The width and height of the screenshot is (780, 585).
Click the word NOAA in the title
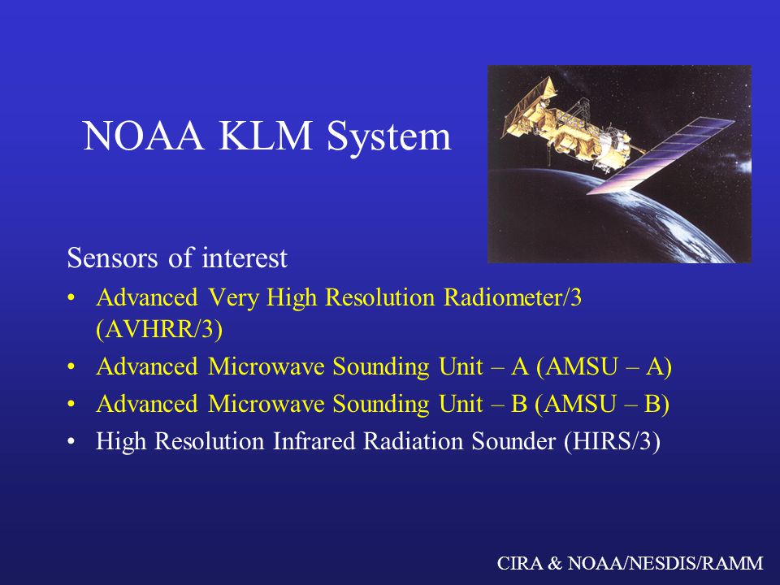(143, 136)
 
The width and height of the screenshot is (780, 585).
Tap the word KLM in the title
(265, 136)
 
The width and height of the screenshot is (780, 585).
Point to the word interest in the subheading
(245, 258)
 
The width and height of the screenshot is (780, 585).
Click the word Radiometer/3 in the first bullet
(513, 297)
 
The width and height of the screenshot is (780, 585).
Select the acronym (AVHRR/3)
(159, 329)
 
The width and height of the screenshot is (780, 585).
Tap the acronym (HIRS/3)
(612, 442)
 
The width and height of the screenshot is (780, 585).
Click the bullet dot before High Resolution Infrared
(71, 442)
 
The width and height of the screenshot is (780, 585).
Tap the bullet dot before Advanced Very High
(71, 298)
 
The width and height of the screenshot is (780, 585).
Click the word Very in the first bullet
(233, 298)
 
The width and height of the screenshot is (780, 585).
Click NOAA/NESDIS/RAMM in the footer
(665, 563)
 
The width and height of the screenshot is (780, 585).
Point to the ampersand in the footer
(555, 563)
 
